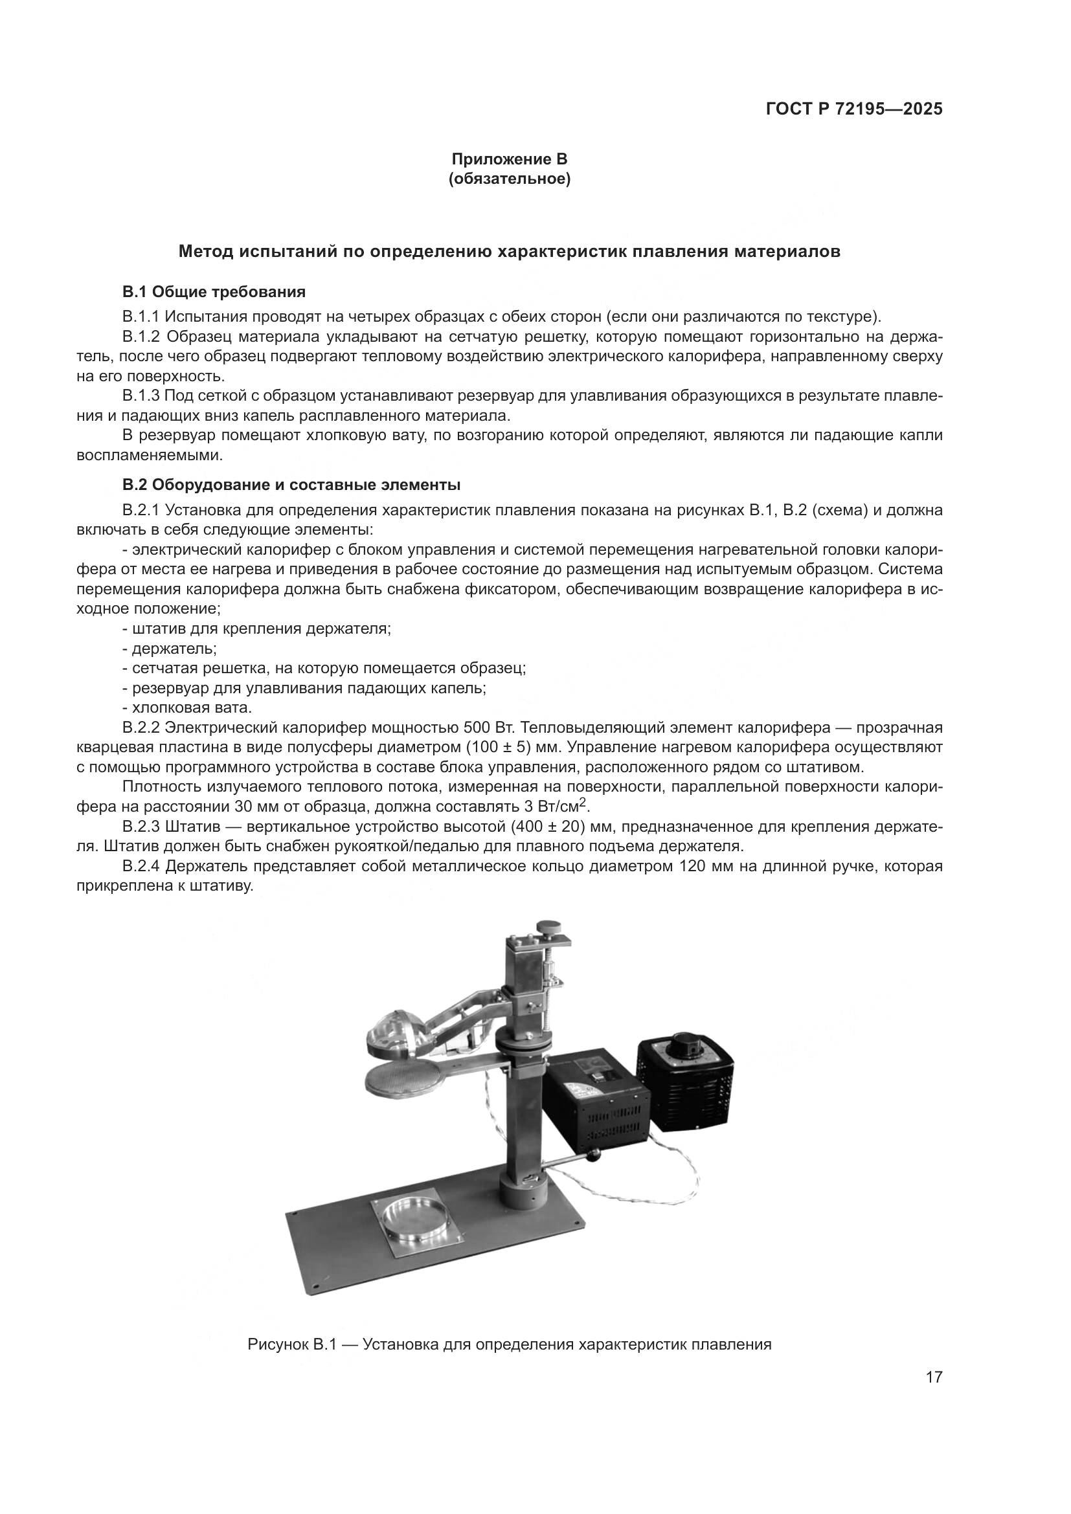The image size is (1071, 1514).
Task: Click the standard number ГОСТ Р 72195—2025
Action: [853, 109]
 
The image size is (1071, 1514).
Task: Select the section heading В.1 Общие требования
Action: [214, 291]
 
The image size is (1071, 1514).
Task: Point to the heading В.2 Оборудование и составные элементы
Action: [291, 485]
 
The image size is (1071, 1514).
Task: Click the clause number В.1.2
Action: [142, 337]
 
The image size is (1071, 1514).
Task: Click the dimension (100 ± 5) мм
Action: [513, 748]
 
